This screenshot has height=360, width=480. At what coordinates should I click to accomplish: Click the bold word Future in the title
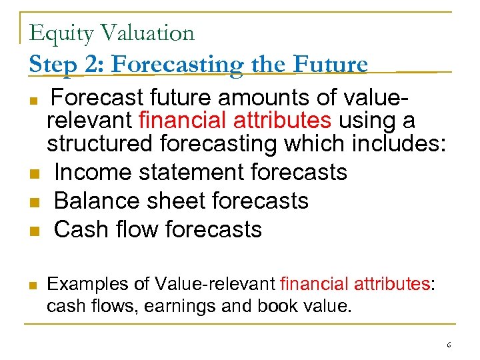click(330, 64)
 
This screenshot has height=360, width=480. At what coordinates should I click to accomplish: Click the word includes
click(394, 143)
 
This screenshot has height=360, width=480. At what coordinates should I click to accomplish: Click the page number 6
click(449, 345)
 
